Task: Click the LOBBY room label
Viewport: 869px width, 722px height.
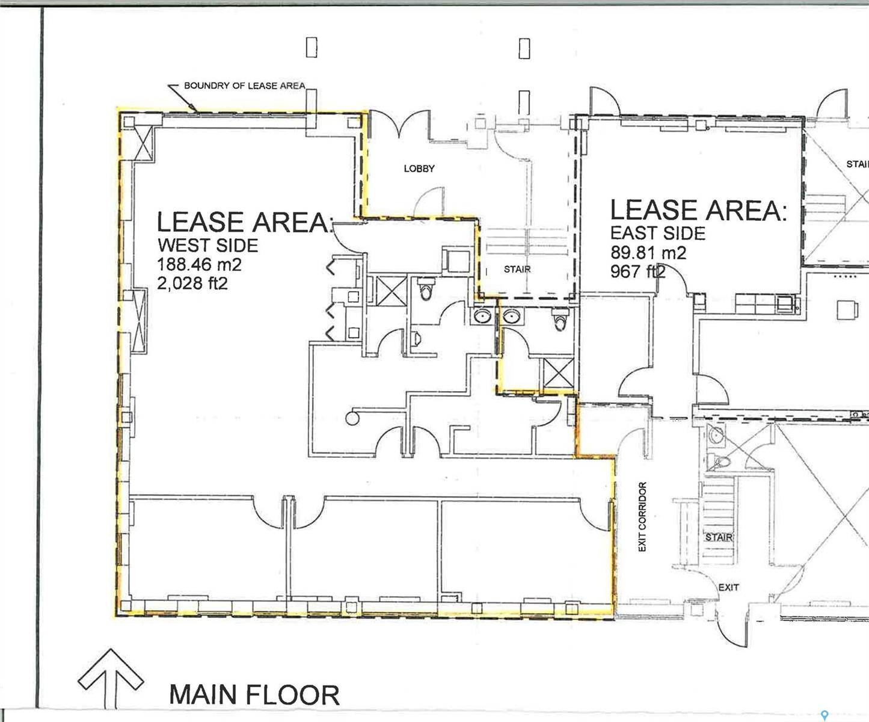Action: (419, 168)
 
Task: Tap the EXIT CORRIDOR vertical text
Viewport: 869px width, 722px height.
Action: (642, 516)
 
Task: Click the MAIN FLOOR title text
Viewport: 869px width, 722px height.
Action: (254, 694)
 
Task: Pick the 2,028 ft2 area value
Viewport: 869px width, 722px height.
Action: (192, 283)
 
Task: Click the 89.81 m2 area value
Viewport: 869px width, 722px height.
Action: (648, 252)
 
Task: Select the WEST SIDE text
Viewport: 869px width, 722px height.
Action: (207, 245)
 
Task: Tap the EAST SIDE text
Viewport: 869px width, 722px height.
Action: (657, 233)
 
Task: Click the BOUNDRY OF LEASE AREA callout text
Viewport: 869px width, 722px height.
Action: (244, 85)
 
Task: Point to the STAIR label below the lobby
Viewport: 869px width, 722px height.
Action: (517, 269)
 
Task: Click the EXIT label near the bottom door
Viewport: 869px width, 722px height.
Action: (728, 587)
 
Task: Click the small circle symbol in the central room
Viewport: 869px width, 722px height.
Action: (351, 416)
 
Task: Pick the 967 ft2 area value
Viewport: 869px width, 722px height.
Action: (637, 271)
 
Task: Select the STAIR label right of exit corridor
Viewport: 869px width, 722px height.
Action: (718, 537)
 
